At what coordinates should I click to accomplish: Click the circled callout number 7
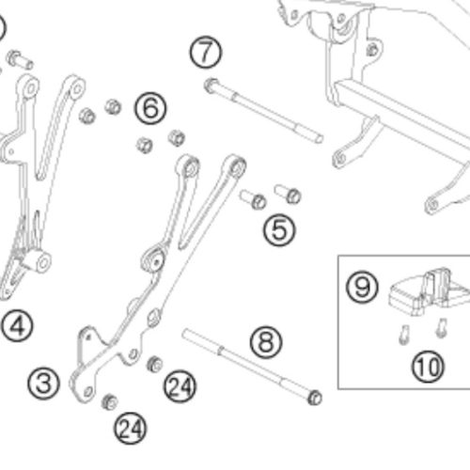point(206,53)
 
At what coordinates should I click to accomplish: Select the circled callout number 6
point(150,108)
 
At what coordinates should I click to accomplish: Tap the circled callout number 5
point(279,230)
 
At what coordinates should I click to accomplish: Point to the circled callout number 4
point(17,325)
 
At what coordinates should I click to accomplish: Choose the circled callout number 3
point(43,384)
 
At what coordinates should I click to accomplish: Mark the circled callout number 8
point(266,342)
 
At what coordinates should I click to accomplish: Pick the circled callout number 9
point(362,287)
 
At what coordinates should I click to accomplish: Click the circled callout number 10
point(428,367)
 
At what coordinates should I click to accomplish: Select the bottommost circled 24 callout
point(131,428)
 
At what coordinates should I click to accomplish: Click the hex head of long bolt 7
point(211,86)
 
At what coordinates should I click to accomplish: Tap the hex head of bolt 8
point(315,398)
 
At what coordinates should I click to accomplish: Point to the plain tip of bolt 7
point(320,138)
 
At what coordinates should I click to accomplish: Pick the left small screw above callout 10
point(404,335)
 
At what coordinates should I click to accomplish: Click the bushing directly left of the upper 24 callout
point(155,364)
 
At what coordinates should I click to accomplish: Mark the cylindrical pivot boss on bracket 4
point(39,261)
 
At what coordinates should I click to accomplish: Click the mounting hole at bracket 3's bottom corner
point(88,392)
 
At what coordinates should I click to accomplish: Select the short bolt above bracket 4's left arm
point(20,60)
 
